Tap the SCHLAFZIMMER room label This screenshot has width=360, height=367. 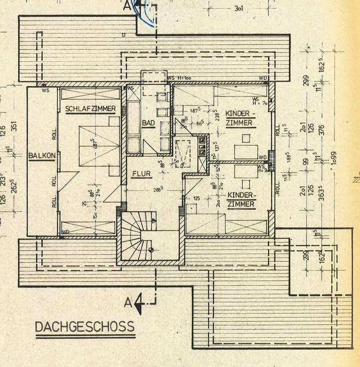[90, 109]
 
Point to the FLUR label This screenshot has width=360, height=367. [141, 174]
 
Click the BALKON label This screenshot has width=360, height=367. [40, 155]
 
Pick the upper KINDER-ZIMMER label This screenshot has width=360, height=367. [239, 118]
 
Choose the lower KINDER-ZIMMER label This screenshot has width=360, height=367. [241, 199]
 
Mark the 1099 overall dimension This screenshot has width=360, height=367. [334, 163]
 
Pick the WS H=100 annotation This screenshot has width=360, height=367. [180, 78]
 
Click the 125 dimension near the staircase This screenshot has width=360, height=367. [196, 198]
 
